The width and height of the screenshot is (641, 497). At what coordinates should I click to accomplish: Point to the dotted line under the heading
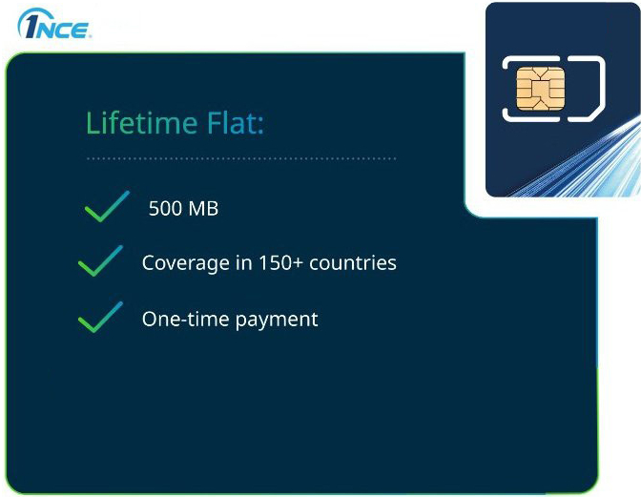(x=240, y=158)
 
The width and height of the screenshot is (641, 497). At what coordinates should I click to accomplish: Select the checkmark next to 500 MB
(x=106, y=206)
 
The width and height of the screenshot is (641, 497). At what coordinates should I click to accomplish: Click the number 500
(x=166, y=208)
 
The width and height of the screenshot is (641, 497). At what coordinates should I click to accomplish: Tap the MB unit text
(x=203, y=208)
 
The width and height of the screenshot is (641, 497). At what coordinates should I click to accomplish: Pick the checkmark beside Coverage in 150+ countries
(x=100, y=261)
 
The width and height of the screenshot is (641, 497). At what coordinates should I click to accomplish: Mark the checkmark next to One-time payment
(x=100, y=318)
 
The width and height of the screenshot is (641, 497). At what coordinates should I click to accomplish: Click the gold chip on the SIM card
(x=537, y=88)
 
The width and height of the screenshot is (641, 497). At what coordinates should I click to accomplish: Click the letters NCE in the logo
(x=66, y=29)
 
